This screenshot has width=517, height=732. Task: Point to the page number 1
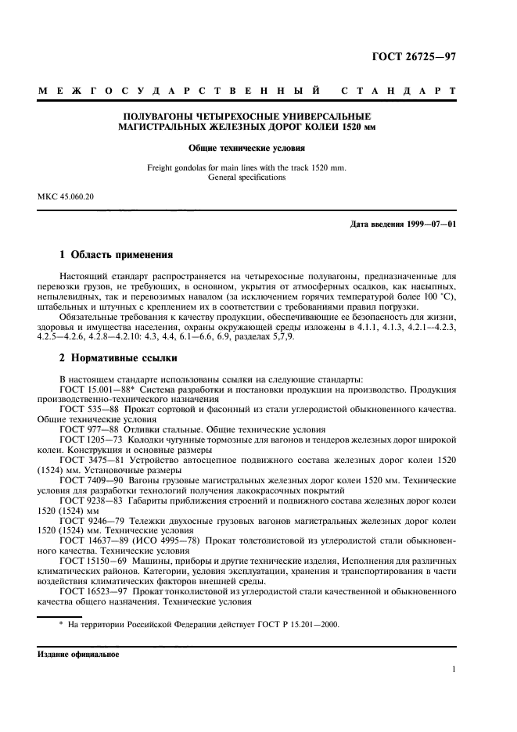453,669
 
